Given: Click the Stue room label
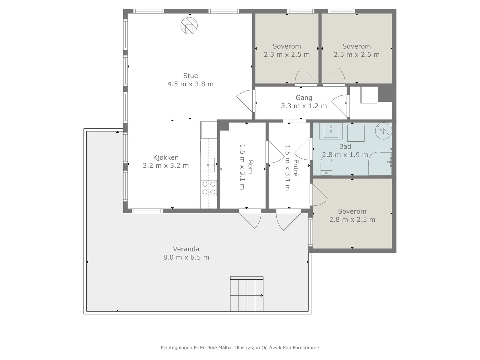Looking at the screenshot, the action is (x=190, y=76).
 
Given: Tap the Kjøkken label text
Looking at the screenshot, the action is (x=166, y=157).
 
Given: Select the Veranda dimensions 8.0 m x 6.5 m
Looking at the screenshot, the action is (x=186, y=257).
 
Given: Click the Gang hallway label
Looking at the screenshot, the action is (x=304, y=98).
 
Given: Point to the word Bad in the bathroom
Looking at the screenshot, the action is (x=345, y=146).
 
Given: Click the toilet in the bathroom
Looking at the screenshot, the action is (x=326, y=166).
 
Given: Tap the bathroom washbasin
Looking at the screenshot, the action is (x=331, y=131).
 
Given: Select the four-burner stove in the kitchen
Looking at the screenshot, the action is (x=209, y=188).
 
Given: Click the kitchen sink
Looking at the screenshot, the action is (x=208, y=165).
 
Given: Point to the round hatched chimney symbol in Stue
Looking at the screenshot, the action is (x=189, y=25).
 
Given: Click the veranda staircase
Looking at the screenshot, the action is (x=247, y=294).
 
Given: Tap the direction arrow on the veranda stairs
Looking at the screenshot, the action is (x=247, y=295).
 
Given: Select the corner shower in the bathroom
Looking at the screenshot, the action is (x=380, y=163).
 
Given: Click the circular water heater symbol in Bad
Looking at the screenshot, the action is (x=383, y=131).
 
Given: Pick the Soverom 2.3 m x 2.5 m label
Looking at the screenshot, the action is (x=287, y=50).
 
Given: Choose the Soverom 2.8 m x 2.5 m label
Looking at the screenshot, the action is (x=352, y=215).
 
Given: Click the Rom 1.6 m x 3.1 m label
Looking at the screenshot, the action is (x=246, y=167).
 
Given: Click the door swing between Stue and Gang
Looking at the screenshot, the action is (x=245, y=101).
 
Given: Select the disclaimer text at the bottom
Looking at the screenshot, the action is (x=240, y=347).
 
